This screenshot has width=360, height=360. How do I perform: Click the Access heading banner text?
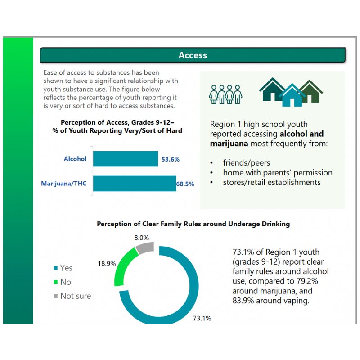click(x=193, y=55)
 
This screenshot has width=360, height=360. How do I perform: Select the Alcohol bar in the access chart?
click(x=126, y=159)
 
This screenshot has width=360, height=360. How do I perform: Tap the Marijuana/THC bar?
click(x=134, y=184)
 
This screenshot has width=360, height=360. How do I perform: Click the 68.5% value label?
click(x=185, y=184)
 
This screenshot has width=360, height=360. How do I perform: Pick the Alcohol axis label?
click(x=75, y=159)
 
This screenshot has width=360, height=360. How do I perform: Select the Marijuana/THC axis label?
click(x=63, y=184)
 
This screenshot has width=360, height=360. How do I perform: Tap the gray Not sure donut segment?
click(x=145, y=248)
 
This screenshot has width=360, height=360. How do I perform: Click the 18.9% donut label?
click(x=106, y=263)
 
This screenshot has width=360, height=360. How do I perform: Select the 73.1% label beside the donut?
click(x=202, y=318)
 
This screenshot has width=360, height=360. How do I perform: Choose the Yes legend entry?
click(x=63, y=268)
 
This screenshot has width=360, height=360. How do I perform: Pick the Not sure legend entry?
click(x=72, y=296)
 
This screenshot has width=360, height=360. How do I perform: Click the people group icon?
click(x=226, y=94)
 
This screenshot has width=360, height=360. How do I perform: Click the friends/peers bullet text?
click(x=246, y=162)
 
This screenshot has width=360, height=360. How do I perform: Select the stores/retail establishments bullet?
click(x=272, y=182)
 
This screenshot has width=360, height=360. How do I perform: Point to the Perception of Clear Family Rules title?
click(x=193, y=224)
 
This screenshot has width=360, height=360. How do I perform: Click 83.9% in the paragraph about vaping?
click(x=243, y=301)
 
